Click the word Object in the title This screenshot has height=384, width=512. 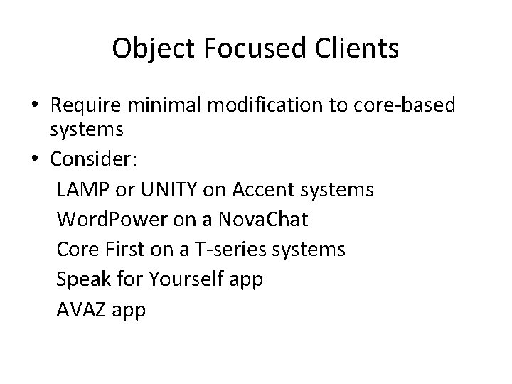[151, 48]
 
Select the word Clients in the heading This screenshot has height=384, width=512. [356, 48]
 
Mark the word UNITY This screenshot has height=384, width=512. [171, 191]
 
